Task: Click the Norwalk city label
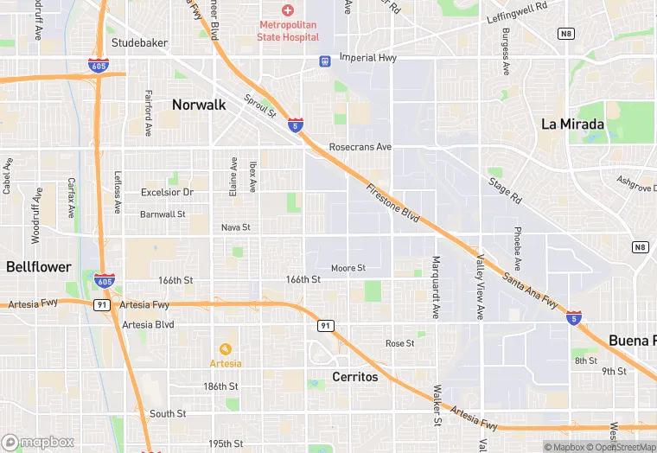[199, 105]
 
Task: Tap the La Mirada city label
[572, 124]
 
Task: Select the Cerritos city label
[355, 377]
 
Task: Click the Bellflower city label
[38, 267]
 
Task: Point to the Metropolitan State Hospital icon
[289, 10]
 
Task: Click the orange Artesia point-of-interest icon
[226, 349]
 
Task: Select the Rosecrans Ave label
[360, 147]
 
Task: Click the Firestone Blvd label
[392, 204]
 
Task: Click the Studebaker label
[137, 42]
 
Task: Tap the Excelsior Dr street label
[167, 192]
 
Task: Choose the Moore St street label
[348, 268]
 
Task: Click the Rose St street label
[399, 343]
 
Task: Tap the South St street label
[168, 414]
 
